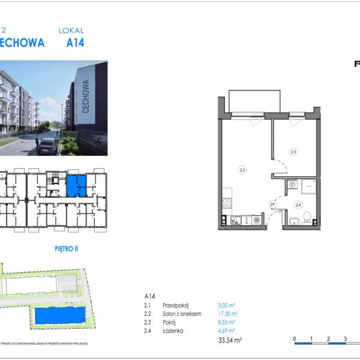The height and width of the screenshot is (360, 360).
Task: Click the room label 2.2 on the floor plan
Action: (x=242, y=170)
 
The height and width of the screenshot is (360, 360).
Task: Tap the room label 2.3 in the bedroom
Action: (x=293, y=152)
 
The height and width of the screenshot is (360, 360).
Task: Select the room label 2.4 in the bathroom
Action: (x=298, y=205)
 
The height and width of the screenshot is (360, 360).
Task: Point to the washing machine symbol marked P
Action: (x=292, y=186)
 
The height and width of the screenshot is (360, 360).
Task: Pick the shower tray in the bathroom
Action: (x=309, y=186)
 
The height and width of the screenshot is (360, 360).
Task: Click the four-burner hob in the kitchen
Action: (x=227, y=202)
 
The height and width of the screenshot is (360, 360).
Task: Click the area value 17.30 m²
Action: (x=227, y=314)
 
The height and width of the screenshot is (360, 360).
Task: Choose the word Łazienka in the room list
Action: (x=173, y=331)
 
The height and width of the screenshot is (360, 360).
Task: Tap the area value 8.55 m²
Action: (x=226, y=322)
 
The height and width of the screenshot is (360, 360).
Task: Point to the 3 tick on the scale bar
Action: (x=346, y=340)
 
